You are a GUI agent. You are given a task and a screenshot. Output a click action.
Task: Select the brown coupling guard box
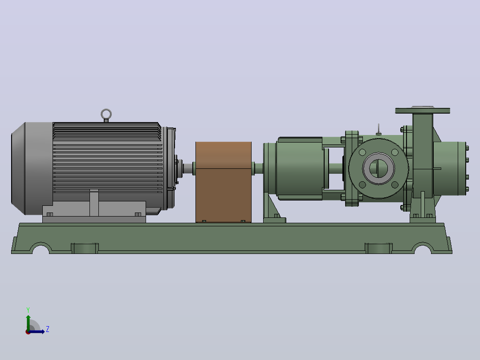224,182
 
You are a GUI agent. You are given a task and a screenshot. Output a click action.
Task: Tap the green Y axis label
28,310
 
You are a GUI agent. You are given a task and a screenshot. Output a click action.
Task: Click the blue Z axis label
48,329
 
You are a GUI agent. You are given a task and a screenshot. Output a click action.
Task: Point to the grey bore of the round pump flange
378,168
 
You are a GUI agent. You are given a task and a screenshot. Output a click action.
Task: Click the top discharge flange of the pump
423,110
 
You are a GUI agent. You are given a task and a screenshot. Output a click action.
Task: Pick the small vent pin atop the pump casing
378,129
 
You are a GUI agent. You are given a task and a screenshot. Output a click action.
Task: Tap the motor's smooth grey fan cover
32,168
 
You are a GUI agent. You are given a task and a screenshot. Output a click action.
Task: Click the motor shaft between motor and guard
187,168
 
